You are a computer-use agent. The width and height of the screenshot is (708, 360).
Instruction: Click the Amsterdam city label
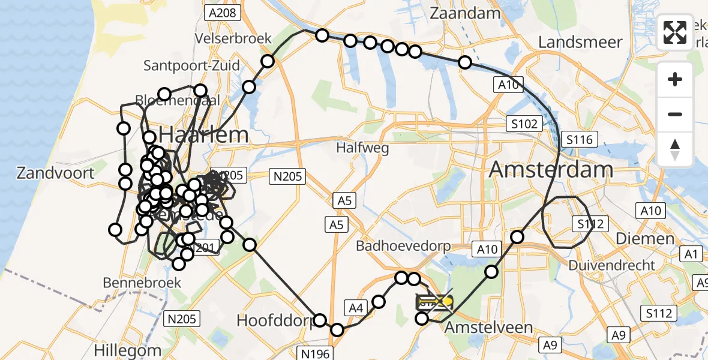click(x=551, y=169)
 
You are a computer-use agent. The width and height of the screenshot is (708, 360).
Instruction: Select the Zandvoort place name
click(x=55, y=173)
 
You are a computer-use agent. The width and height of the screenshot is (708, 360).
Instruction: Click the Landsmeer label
click(x=580, y=42)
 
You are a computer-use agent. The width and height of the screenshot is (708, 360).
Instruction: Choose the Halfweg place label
click(x=362, y=148)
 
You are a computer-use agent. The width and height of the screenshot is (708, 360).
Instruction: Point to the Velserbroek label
click(x=233, y=38)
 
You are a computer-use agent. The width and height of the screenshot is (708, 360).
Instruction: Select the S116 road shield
click(x=579, y=140)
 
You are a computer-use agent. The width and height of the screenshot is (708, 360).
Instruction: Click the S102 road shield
click(x=524, y=124)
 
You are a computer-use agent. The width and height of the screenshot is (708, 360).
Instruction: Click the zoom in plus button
click(x=675, y=79)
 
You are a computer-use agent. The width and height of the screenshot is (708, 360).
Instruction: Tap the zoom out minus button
click(x=675, y=114)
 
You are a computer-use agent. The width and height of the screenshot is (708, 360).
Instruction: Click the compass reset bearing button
click(x=675, y=149)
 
